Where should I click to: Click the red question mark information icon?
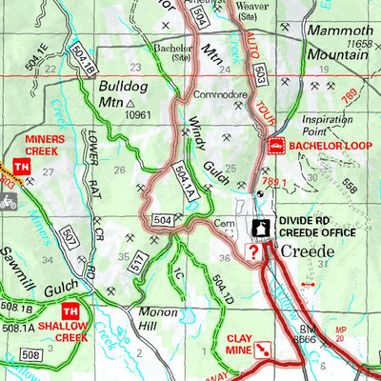click(252, 251)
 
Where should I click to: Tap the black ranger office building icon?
click(259, 228)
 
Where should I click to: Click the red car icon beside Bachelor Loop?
click(275, 146)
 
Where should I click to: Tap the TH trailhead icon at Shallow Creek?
click(69, 312)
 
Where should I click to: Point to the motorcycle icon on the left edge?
click(9, 201)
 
